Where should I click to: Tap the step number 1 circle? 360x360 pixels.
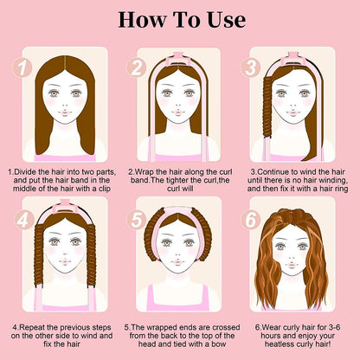(x=22, y=67)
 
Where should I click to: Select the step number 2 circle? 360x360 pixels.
(x=137, y=67)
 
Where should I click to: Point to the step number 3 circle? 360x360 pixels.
(x=251, y=67)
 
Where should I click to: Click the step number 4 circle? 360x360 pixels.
(x=22, y=220)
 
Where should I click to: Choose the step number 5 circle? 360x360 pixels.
(x=137, y=220)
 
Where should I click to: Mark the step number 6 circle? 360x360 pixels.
(x=251, y=220)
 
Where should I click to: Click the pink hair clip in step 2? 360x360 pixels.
(x=178, y=58)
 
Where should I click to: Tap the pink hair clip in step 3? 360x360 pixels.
(x=292, y=58)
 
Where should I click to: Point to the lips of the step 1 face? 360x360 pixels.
(x=65, y=113)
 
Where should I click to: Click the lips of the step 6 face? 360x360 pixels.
(x=292, y=265)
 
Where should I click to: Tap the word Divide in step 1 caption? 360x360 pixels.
(x=25, y=172)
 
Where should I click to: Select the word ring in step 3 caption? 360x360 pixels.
(x=341, y=189)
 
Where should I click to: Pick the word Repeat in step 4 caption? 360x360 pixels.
(x=32, y=328)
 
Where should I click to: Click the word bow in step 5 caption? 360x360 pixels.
(x=219, y=344)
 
